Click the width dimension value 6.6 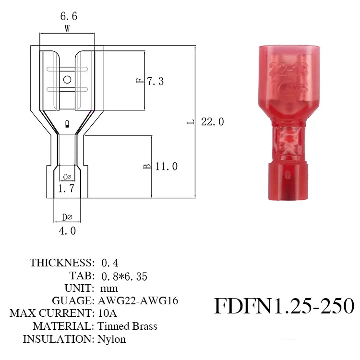(69, 16)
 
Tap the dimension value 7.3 (155, 81)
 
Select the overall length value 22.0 (212, 122)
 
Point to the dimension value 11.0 (167, 167)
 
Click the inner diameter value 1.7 (66, 189)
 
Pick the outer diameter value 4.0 (67, 231)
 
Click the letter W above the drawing (67, 29)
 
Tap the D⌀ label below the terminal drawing (67, 217)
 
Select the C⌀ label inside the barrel (67, 177)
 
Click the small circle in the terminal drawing (67, 80)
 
